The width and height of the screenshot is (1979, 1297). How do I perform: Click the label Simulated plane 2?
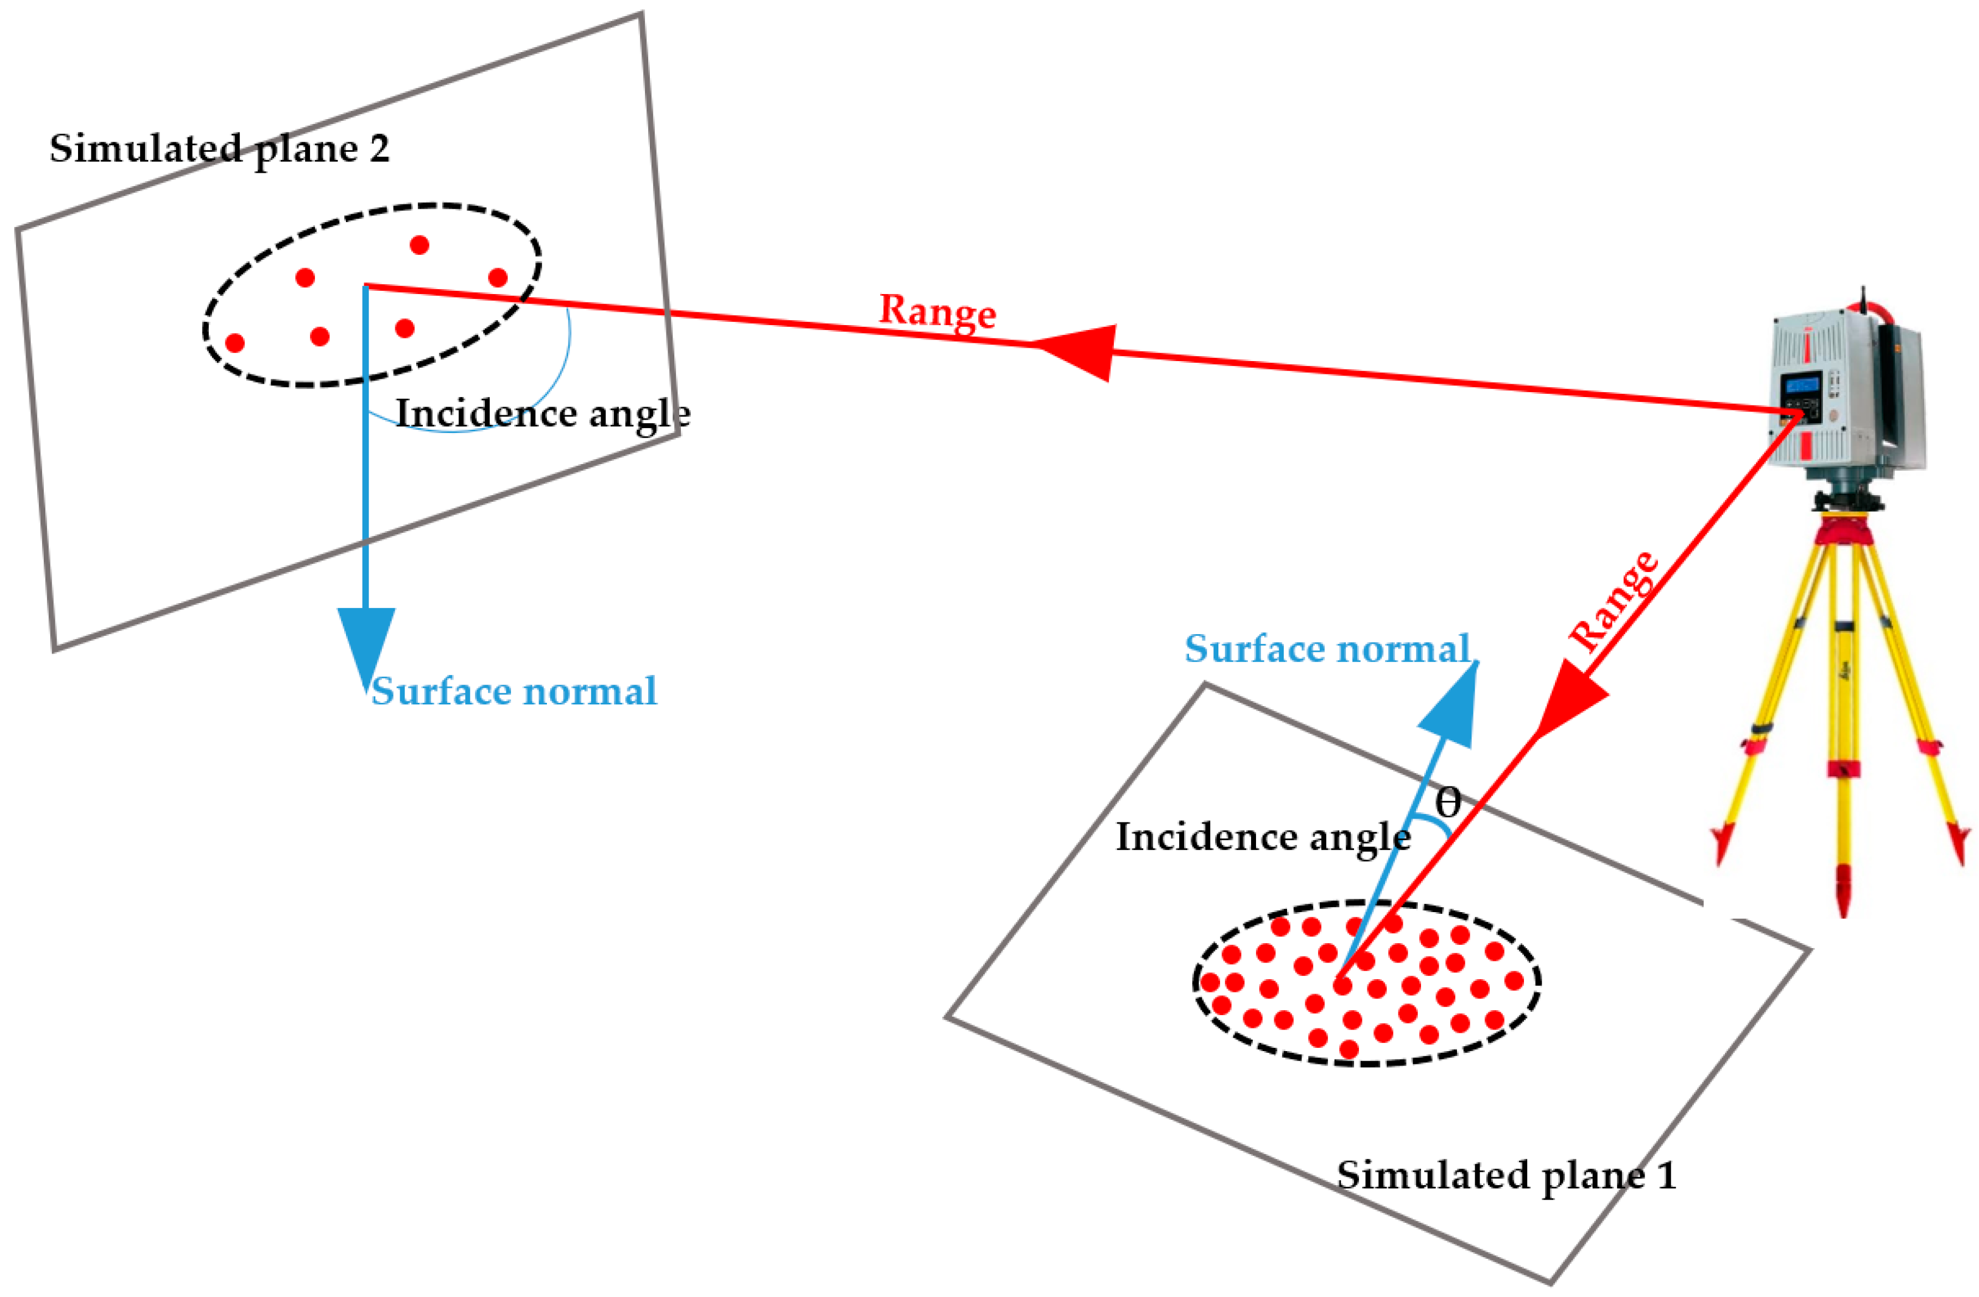(219, 150)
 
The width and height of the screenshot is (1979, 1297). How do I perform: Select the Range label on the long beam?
(937, 312)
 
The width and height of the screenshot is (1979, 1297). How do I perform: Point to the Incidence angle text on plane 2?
(542, 414)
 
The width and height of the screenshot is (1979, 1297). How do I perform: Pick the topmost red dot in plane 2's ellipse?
(419, 245)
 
